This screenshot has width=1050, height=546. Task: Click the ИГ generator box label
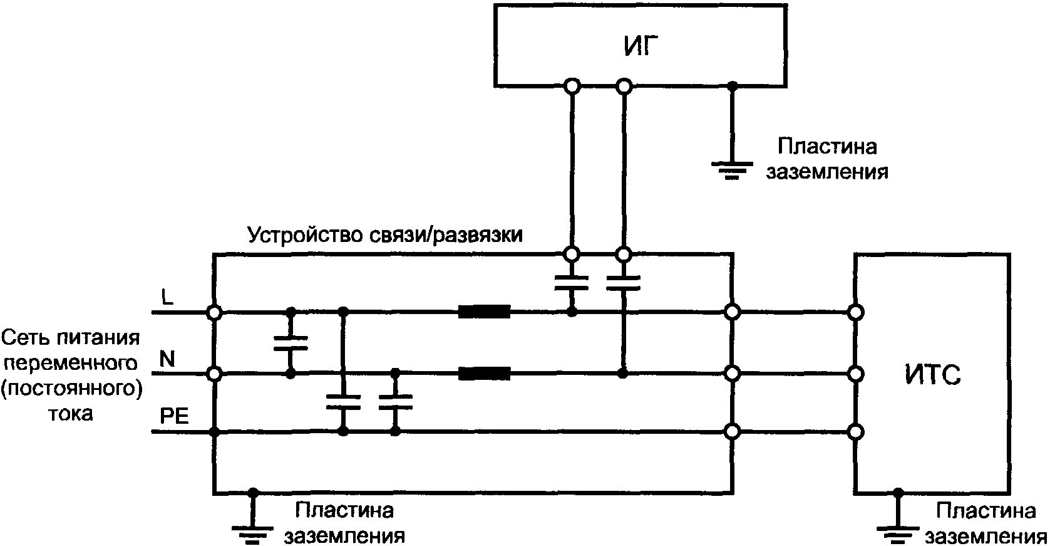(x=641, y=46)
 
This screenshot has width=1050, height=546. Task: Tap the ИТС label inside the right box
(x=932, y=375)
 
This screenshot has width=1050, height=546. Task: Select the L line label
(x=167, y=297)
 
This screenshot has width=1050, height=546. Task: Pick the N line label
(x=167, y=359)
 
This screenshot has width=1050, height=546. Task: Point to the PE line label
(x=174, y=417)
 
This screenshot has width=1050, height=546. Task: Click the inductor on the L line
(x=484, y=312)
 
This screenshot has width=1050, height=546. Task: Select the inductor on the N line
(x=484, y=374)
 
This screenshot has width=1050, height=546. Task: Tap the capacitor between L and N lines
(x=291, y=342)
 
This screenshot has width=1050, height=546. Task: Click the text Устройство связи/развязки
(x=385, y=236)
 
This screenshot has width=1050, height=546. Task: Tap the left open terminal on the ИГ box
(x=571, y=86)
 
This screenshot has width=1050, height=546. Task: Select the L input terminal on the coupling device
(x=214, y=312)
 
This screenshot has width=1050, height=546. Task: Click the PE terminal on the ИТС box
(x=856, y=432)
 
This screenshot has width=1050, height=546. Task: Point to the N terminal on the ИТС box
(x=856, y=374)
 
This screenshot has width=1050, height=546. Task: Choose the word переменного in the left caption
(x=71, y=364)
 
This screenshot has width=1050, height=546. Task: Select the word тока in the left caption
(x=71, y=414)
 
